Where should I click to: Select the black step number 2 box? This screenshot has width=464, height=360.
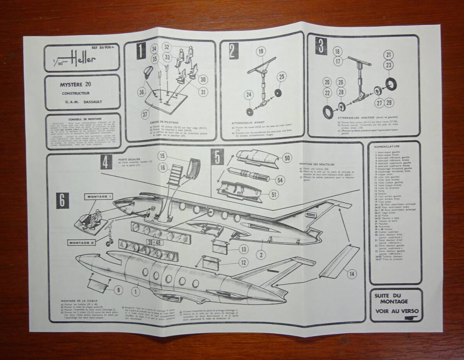point(233,50)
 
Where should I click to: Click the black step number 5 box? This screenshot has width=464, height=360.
point(217,158)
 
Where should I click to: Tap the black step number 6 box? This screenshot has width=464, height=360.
point(63,200)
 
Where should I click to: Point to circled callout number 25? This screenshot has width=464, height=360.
point(282,77)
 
